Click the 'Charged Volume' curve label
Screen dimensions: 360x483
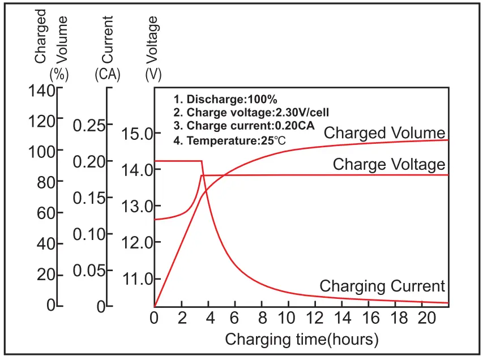point(384,134)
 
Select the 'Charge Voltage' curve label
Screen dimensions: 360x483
point(389,165)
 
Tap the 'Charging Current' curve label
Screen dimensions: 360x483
point(382,286)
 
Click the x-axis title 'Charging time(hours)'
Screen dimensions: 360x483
point(301,340)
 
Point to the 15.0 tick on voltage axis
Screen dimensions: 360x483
point(138,134)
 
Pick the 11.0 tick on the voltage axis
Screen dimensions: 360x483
point(138,279)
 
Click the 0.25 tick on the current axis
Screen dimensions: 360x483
point(89,126)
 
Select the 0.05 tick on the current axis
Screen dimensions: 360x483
point(89,271)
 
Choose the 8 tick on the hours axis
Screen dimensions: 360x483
point(262,318)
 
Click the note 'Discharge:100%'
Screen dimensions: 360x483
point(225,98)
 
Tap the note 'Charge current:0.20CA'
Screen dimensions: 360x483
point(244,126)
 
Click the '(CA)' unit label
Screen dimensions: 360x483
point(108,74)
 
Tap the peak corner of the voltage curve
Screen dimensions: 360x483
point(202,175)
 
